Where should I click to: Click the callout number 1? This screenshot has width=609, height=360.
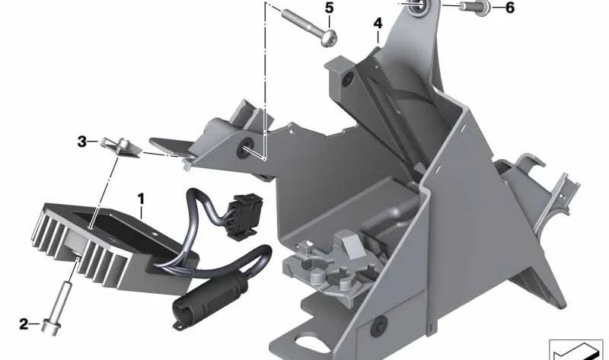coord(141,199)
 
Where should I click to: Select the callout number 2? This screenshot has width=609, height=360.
coord(24,324)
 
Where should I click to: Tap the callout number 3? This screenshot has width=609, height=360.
coord(82,142)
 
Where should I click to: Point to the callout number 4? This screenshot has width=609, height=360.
coord(378,24)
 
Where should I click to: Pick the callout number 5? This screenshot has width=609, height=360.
coord(330,8)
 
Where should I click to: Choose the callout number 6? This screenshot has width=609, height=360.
coord(510,8)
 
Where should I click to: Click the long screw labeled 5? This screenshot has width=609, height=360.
coord(309,27)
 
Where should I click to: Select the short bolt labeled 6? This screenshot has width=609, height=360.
coord(475,8)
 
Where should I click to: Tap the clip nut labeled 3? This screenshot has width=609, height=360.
coord(120,148)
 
